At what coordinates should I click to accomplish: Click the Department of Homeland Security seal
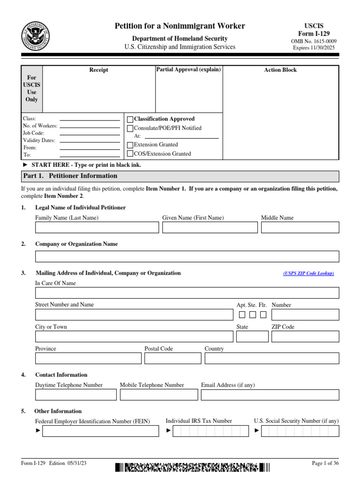pos(36,36)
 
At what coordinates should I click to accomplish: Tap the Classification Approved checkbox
pos(130,120)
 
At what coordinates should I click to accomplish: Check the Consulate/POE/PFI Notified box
pos(130,128)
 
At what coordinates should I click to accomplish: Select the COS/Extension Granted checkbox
pos(130,154)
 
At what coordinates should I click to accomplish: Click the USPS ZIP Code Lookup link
pos(308,273)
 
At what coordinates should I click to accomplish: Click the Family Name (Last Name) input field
pos(97,227)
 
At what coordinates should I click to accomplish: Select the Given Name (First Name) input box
pos(210,227)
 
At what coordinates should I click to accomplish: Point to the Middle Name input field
pos(300,227)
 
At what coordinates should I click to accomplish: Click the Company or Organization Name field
pos(187,256)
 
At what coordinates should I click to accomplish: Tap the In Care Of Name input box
pos(187,293)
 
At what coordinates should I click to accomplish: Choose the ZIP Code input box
pos(305,337)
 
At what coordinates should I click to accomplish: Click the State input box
pos(252,337)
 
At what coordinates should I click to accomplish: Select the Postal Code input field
pos(172,359)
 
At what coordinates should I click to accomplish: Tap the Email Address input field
pos(270,395)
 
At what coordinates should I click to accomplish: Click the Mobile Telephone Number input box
pos(158,395)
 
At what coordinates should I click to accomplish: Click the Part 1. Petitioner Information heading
pos(70,176)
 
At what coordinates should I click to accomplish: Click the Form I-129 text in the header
pos(314,34)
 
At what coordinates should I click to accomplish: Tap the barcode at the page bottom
pos(193,467)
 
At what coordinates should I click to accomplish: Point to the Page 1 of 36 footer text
pos(325,464)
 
